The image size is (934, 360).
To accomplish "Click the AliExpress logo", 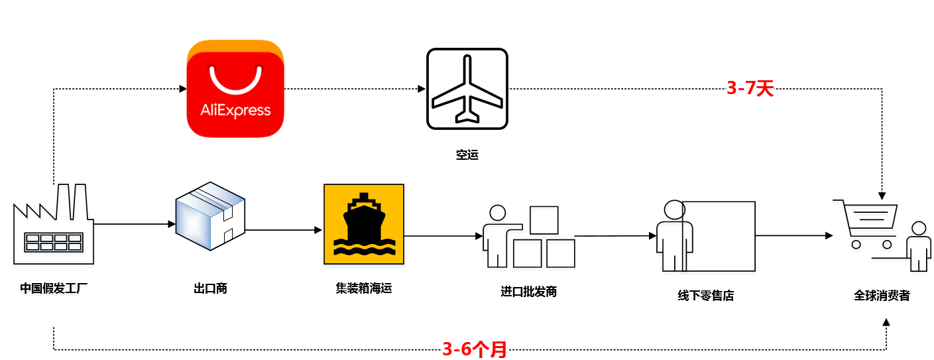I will [x=235, y=89].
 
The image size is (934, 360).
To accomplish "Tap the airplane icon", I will [x=467, y=89].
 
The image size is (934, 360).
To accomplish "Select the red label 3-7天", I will [x=750, y=88].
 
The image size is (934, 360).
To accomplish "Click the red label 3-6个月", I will [x=474, y=349].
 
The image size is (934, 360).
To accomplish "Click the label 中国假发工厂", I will [x=54, y=288].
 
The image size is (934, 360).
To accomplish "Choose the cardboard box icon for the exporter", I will [x=210, y=216].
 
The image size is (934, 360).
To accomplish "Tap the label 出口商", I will [x=210, y=288].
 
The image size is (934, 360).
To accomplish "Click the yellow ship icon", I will [x=363, y=224].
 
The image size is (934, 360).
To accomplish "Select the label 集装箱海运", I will [x=363, y=288].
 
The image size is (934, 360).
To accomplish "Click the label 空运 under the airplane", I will [x=467, y=155].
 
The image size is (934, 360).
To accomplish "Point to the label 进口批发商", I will [x=528, y=291].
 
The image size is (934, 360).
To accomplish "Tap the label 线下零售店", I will [x=705, y=295].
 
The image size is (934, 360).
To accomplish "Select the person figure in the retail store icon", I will [x=674, y=235].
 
